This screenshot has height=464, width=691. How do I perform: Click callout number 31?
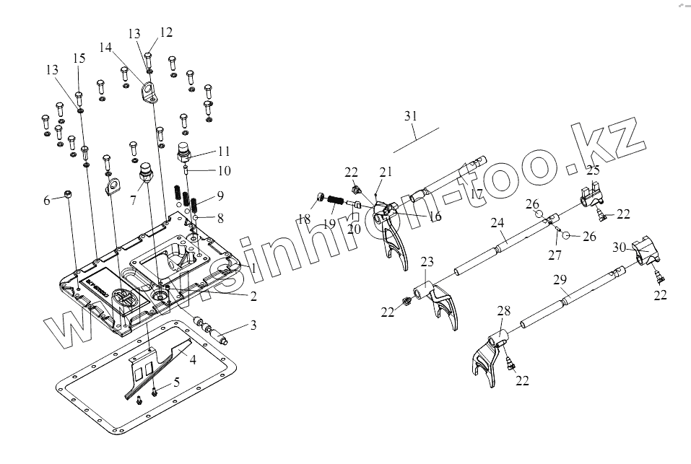point(411,115)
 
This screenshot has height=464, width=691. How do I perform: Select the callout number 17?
point(476,193)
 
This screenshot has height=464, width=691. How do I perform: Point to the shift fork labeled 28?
point(490,352)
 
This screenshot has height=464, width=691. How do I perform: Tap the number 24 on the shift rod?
point(497,224)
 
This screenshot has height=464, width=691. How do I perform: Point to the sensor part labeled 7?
point(148,174)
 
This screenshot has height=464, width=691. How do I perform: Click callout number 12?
point(167,32)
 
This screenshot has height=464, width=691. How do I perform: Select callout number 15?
point(79,57)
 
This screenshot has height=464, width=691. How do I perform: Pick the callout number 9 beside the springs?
point(220,195)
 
